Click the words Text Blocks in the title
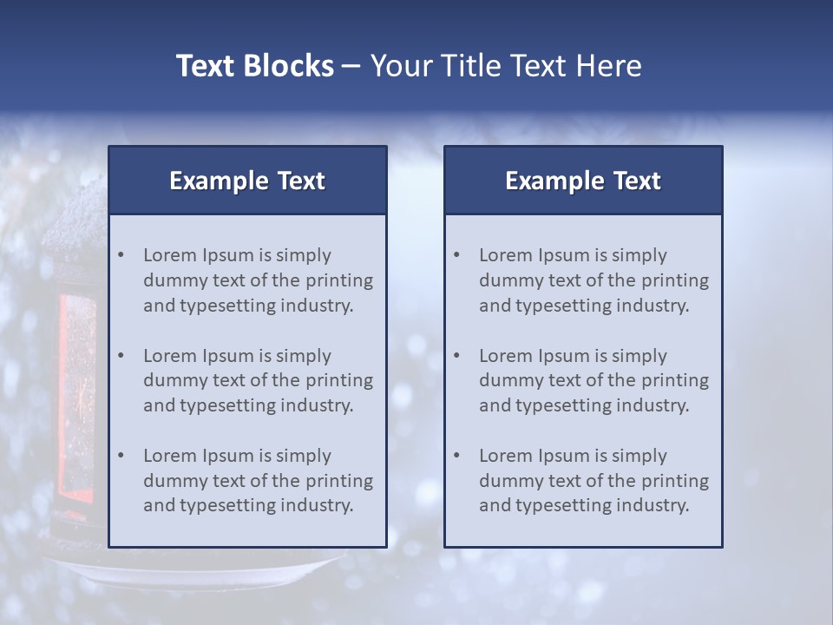pyautogui.click(x=254, y=66)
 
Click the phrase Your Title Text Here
pyautogui.click(x=506, y=66)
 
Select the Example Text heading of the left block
pyautogui.click(x=247, y=181)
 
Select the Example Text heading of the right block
pyautogui.click(x=583, y=181)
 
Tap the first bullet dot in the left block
pyautogui.click(x=121, y=255)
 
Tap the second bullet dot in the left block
pyautogui.click(x=121, y=356)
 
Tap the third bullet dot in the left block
pyautogui.click(x=121, y=456)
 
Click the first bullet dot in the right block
pyautogui.click(x=456, y=255)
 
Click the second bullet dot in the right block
pyautogui.click(x=456, y=356)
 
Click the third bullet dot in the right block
pyautogui.click(x=456, y=456)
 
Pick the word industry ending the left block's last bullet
pyautogui.click(x=320, y=505)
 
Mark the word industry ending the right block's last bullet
pyautogui.click(x=656, y=505)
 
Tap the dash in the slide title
pyautogui.click(x=351, y=66)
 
